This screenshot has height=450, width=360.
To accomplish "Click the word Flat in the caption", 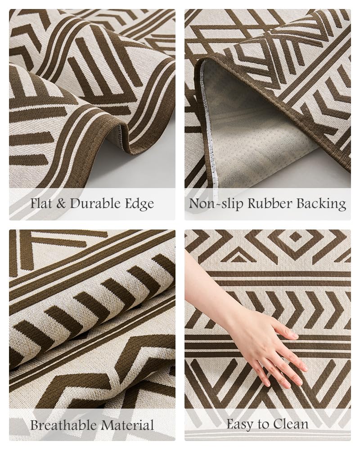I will (x=41, y=203).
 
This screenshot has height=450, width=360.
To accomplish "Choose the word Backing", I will (x=321, y=204).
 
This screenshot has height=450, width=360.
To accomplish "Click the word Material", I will (x=127, y=424).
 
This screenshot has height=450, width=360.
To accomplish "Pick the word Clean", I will (x=292, y=424).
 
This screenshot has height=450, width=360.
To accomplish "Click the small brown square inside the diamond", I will (x=295, y=237).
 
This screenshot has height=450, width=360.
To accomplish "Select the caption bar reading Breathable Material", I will (x=92, y=424).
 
